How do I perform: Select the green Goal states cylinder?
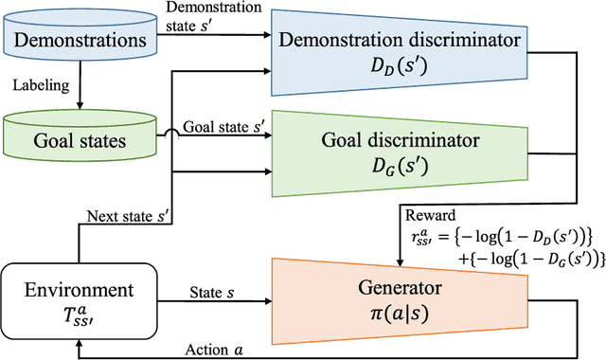click(80, 141)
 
